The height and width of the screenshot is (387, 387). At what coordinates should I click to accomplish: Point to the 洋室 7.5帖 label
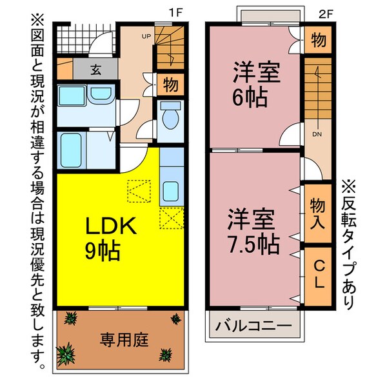[252, 231]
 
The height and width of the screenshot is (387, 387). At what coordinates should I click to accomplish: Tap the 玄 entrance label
[95, 68]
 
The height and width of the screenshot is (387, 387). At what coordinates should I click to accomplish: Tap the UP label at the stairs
[146, 36]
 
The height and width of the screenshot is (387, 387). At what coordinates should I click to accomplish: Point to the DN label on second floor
[317, 135]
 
